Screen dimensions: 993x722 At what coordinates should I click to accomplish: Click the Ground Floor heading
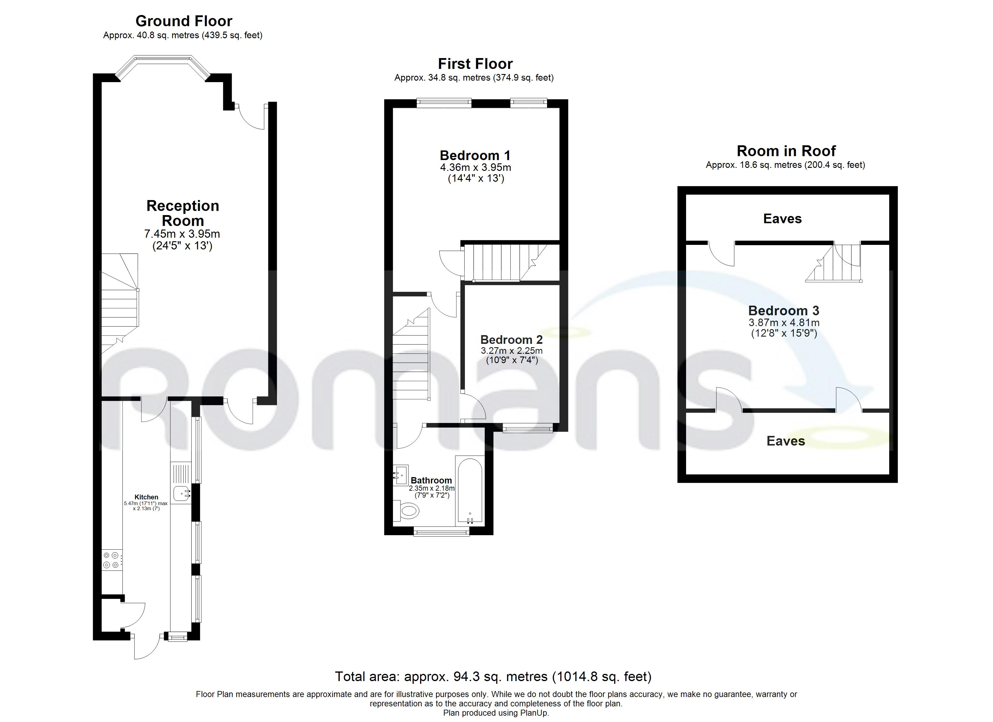pyautogui.click(x=184, y=21)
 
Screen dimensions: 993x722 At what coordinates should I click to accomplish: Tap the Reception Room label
pyautogui.click(x=183, y=213)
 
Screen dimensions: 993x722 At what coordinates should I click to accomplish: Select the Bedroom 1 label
pyautogui.click(x=475, y=156)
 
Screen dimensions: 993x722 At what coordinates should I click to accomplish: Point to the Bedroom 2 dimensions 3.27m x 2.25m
pyautogui.click(x=511, y=351)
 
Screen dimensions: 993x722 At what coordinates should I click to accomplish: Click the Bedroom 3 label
pyautogui.click(x=783, y=310)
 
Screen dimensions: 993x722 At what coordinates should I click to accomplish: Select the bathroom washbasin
pyautogui.click(x=401, y=475)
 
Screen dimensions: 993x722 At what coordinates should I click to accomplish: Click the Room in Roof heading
pyautogui.click(x=786, y=151)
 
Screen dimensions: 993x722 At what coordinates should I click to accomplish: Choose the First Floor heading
pyautogui.click(x=475, y=64)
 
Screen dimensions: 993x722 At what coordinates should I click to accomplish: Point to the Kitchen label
pyautogui.click(x=146, y=497)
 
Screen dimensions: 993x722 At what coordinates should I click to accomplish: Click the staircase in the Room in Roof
pyautogui.click(x=834, y=263)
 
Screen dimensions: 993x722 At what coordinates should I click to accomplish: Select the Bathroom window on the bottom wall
pyautogui.click(x=441, y=532)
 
